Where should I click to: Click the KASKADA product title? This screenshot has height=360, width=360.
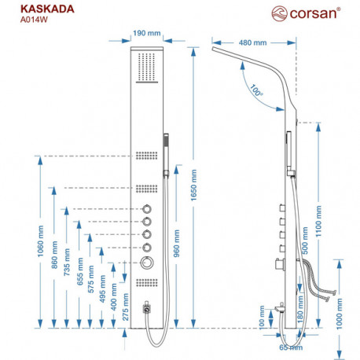tap(47, 9)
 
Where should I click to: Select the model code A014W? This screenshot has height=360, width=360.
tap(34, 20)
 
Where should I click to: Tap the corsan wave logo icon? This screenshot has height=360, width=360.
tap(279, 13)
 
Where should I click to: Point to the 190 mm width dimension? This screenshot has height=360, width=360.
tap(147, 33)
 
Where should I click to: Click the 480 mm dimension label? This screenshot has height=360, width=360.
tap(252, 42)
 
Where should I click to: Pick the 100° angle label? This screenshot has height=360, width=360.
tap(256, 90)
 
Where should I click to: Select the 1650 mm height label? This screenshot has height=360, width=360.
tap(193, 186)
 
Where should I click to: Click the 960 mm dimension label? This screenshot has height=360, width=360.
tap(177, 244)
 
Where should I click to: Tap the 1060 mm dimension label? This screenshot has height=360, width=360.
tap(40, 241)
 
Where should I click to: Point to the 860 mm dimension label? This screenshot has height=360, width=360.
tap(54, 255)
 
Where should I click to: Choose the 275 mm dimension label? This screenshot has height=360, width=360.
tap(126, 307)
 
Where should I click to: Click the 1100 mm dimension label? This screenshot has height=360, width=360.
tap(318, 222)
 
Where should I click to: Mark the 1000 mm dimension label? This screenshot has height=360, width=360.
tap(340, 314)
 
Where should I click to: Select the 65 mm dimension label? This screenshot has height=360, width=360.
tap(291, 347)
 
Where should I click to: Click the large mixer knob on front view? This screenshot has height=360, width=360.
tap(147, 263)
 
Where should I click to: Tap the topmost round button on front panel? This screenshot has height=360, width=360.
tap(147, 209)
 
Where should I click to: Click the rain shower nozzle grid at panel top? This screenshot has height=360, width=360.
tap(147, 67)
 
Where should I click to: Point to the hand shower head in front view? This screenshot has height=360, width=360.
tap(166, 155)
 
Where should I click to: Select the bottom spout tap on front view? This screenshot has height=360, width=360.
tap(147, 307)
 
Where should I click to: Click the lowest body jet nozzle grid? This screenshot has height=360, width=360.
tap(147, 282)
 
